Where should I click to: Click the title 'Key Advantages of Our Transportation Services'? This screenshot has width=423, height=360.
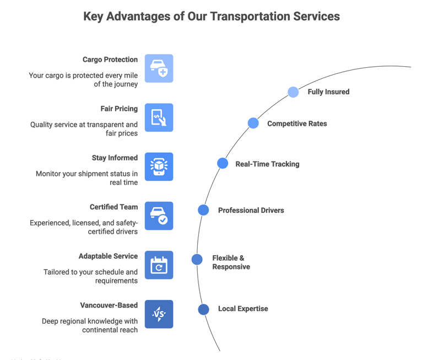coord(211,17)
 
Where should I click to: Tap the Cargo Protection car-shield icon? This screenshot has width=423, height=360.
coord(159,68)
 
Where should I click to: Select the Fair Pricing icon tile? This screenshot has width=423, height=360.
coord(159,117)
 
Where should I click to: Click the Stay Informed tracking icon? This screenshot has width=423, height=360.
coord(159,166)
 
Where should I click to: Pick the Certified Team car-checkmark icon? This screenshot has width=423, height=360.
coord(159,216)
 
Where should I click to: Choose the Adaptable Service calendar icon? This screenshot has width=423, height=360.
coord(159,265)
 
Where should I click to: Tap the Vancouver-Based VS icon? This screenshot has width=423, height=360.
coord(159,314)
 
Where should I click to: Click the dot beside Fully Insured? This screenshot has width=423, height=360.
coord(293,92)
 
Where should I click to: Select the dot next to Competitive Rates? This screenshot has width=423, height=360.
coord(253,123)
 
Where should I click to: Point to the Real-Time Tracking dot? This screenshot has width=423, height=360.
coord(223,163)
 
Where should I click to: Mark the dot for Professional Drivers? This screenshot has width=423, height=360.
coord(203,210)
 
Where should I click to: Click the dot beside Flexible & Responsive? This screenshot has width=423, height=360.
coord(197,259)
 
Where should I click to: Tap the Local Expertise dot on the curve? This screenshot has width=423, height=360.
coord(203,309)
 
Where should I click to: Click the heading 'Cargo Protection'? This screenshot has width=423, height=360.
coord(110,60)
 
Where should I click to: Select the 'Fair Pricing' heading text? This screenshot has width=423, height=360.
coord(119,109)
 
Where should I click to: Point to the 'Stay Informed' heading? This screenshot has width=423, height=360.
coord(115,158)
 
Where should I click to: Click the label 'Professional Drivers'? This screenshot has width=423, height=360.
coord(251,210)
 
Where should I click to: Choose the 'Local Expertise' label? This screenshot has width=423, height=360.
coord(243,309)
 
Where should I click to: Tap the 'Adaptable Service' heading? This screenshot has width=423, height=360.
coord(108,256)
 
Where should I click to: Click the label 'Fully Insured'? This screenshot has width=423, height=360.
coord(328,92)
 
